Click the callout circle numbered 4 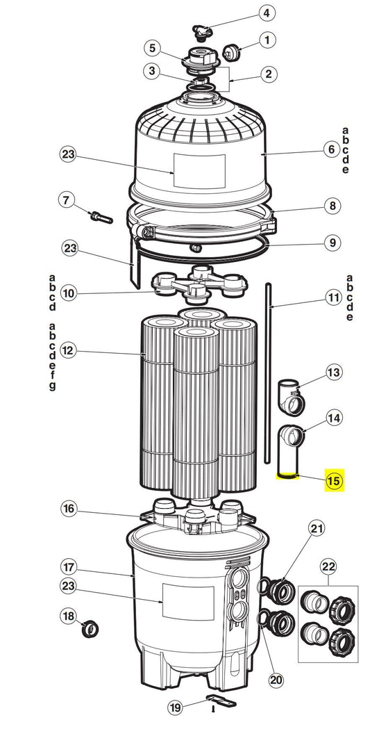[x=267, y=13]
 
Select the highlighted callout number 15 [x=335, y=481]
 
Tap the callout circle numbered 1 [x=267, y=40]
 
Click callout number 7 [x=66, y=200]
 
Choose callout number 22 [x=328, y=567]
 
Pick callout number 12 [x=69, y=351]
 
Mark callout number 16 [x=69, y=508]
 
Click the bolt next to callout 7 [x=101, y=218]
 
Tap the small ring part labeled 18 [x=90, y=629]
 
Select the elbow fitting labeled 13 [x=292, y=397]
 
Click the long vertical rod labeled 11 [x=268, y=373]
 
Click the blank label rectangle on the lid [x=199, y=171]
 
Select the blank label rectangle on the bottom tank [x=188, y=602]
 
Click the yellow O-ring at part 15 [x=287, y=477]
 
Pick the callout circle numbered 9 [x=332, y=243]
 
